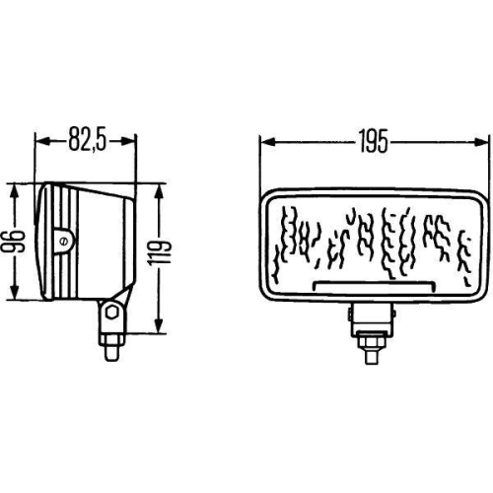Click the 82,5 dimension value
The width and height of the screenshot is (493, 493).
[87, 141]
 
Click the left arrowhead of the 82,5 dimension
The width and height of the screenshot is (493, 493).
[40, 141]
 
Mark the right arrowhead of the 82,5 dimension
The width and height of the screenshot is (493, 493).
[132, 141]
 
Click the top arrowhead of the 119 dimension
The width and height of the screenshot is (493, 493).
[158, 187]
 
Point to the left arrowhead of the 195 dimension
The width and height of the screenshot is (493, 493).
[265, 141]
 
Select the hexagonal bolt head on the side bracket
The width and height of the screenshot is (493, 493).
[113, 315]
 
